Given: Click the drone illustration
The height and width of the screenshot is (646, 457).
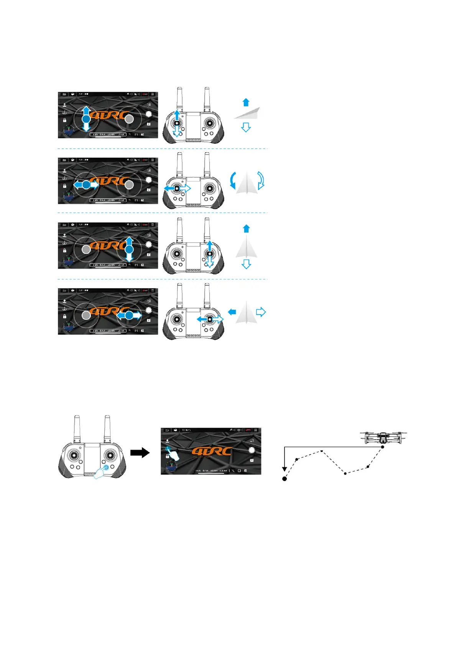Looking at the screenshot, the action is pyautogui.click(x=383, y=438).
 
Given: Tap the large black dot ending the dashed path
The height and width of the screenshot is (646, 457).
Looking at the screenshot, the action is pyautogui.click(x=284, y=479).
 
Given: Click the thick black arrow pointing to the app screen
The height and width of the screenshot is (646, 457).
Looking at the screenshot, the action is pyautogui.click(x=140, y=452).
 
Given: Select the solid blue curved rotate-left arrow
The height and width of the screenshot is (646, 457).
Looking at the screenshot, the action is pyautogui.click(x=232, y=180).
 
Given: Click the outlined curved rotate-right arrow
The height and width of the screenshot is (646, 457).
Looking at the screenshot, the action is pyautogui.click(x=261, y=180).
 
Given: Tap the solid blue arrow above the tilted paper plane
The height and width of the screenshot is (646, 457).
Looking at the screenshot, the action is pyautogui.click(x=246, y=102).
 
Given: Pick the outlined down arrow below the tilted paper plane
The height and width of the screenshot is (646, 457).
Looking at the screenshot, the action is pyautogui.click(x=246, y=128).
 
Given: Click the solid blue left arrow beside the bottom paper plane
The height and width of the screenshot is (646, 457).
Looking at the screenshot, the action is pyautogui.click(x=232, y=312).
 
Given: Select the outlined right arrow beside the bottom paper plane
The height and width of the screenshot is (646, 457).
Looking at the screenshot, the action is pyautogui.click(x=261, y=312).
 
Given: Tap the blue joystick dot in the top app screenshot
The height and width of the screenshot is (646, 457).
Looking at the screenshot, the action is pyautogui.click(x=86, y=119).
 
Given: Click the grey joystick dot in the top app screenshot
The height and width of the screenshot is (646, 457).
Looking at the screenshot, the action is pyautogui.click(x=130, y=119).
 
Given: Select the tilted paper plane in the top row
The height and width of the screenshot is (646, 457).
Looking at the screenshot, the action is pyautogui.click(x=248, y=113).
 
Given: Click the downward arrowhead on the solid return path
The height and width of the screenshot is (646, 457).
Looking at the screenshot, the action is pyautogui.click(x=284, y=469).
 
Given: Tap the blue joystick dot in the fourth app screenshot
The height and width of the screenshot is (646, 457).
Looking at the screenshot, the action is pyautogui.click(x=129, y=315).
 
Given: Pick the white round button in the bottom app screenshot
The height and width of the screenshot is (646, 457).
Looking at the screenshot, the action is pyautogui.click(x=252, y=450).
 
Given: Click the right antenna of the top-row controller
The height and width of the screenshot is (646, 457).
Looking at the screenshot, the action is pyautogui.click(x=207, y=100).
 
